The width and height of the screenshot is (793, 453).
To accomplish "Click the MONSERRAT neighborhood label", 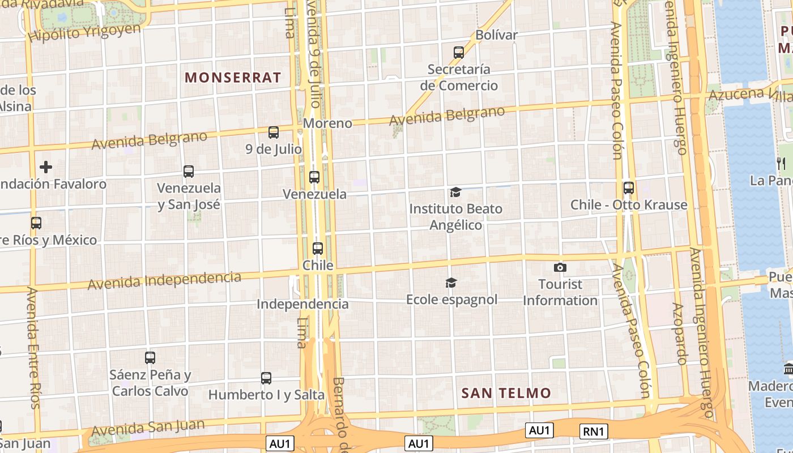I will coord(233,78).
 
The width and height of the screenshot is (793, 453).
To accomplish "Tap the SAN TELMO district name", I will coord(506,393).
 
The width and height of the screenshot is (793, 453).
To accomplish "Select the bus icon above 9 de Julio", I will coord(274,133).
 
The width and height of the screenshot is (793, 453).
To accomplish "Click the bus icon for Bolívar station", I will coord(459,53).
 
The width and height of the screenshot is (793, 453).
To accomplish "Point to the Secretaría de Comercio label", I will coord(459,78).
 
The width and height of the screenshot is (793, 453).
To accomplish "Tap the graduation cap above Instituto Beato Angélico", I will coord(455,193).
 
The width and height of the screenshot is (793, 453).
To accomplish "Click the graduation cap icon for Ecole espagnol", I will coord(451,283).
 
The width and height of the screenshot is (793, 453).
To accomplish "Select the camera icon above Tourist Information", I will coord(560,267).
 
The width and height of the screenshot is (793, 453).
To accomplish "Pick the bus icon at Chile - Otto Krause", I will coord(628,188).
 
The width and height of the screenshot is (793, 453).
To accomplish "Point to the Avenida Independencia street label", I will coord(164,280).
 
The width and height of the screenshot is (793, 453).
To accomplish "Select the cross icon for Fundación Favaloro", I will coord(46,167).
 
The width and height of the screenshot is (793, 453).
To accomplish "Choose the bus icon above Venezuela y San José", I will coord(189,171).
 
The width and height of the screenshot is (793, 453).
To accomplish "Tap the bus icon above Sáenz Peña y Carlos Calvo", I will coord(150,358).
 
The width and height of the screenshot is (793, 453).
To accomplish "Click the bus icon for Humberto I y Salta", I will coord(266,378).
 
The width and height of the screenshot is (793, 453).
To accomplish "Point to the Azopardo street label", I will coord(680,334).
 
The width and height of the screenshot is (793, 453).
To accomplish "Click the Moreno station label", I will coord(327,123).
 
